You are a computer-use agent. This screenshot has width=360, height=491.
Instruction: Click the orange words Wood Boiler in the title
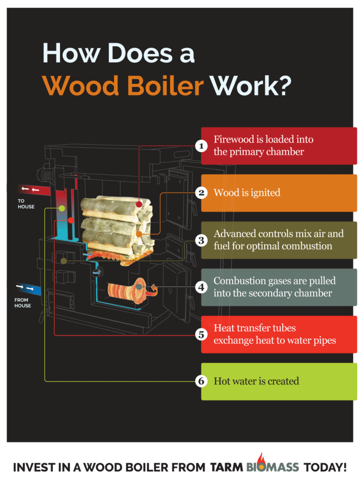point(122,85)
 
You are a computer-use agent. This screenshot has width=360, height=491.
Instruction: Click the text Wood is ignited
point(247,193)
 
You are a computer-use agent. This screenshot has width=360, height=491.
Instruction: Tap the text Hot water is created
point(256,381)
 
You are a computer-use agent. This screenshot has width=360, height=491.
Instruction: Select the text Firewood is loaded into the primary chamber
point(263,146)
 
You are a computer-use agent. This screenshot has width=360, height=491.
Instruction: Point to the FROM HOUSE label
point(23,303)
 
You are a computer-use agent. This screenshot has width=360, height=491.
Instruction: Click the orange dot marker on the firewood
point(139,234)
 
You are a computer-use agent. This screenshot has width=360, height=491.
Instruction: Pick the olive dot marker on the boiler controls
point(64,260)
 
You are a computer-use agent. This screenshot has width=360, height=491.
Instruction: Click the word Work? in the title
point(251,85)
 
